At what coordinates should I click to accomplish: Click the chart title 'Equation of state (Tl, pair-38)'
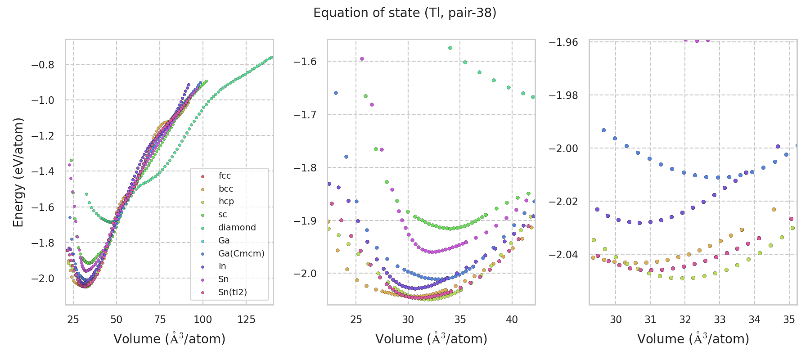(x=405, y=13)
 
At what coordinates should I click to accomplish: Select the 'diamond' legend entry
(x=237, y=227)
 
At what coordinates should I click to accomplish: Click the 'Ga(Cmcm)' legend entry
(x=241, y=253)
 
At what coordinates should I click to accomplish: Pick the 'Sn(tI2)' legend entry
(x=232, y=292)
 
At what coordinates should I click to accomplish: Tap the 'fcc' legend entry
(x=225, y=175)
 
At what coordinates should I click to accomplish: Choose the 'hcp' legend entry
(x=226, y=201)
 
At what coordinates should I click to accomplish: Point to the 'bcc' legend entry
(x=226, y=189)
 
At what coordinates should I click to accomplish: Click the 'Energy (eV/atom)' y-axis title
(x=18, y=172)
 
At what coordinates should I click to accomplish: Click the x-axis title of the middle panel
(x=431, y=339)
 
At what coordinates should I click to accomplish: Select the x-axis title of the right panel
(x=693, y=339)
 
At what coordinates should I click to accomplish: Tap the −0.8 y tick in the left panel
(x=42, y=65)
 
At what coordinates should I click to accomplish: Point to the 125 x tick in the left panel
(x=246, y=319)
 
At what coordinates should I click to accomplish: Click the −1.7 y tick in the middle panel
(x=305, y=114)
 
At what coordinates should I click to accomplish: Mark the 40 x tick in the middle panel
(x=512, y=319)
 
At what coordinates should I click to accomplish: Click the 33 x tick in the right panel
(x=720, y=319)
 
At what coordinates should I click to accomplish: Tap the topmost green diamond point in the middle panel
(x=450, y=48)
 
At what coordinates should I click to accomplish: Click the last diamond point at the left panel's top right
(x=271, y=57)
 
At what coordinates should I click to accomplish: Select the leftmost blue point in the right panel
(x=603, y=130)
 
